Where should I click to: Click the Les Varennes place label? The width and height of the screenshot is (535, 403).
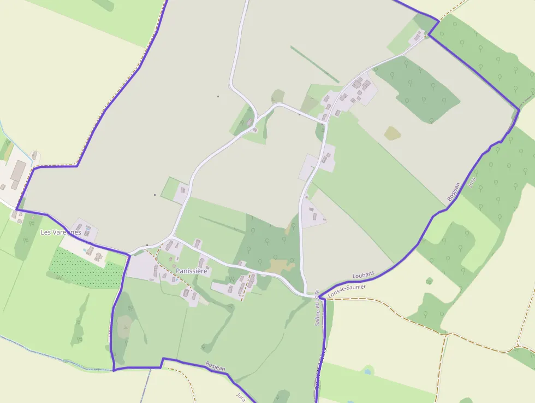(x=61, y=232)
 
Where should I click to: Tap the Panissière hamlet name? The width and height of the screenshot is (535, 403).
(x=192, y=271)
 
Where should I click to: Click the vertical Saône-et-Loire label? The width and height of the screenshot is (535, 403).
(x=317, y=307)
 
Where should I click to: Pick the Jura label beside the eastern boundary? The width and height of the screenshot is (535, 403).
(x=472, y=182)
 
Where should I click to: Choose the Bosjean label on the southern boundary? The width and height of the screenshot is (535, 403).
(x=216, y=366)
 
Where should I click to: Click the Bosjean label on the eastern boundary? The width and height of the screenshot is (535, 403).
(x=454, y=189)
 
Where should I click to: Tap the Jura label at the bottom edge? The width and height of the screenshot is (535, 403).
(x=241, y=396)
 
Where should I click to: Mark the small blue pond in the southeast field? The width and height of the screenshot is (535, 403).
(x=367, y=371)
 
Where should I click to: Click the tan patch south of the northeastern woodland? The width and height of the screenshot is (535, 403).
(x=392, y=133)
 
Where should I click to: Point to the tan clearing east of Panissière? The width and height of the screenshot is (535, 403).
(x=281, y=266)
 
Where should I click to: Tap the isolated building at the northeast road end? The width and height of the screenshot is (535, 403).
(x=419, y=36)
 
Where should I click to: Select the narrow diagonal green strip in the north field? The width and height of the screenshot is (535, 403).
(x=308, y=65)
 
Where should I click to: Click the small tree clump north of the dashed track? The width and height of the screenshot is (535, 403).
(x=429, y=281)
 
